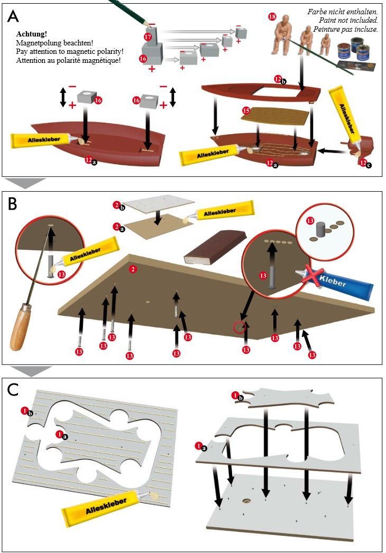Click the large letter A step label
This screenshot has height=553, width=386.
click(13, 16)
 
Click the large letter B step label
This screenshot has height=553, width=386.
click(12, 203)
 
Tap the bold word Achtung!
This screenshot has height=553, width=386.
click(31, 34)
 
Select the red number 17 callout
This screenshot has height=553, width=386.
click(148, 37)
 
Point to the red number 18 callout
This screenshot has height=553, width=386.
click(272, 16)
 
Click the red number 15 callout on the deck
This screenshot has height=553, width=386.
click(246, 111)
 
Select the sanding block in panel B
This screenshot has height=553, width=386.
click(215, 247)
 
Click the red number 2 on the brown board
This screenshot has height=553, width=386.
click(133, 269)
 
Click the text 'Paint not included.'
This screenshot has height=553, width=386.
click(348, 21)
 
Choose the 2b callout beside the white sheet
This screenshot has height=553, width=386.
click(119, 206)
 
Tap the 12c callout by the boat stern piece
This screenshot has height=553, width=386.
click(365, 163)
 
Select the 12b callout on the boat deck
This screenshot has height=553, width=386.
click(280, 80)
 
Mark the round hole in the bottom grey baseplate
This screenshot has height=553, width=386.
click(246, 501)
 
